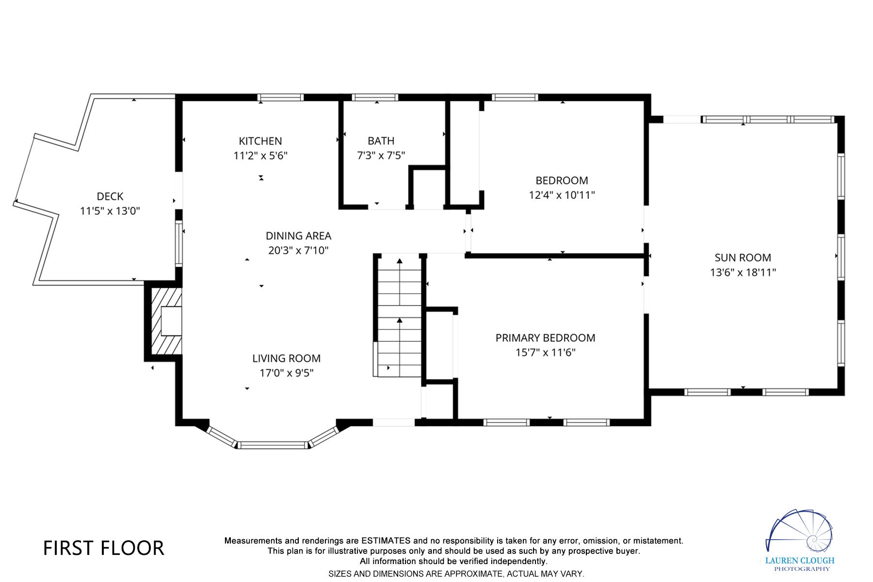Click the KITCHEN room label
(260, 141)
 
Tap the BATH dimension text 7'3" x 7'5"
(381, 155)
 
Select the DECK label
(110, 196)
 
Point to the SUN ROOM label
(743, 258)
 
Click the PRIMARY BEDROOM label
(545, 338)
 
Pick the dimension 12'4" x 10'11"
(562, 195)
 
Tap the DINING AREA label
(298, 236)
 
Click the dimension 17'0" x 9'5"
(286, 373)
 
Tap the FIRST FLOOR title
(104, 548)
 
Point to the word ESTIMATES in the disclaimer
(386, 540)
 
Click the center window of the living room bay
(273, 445)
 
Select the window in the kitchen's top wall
(280, 97)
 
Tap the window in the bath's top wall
(375, 97)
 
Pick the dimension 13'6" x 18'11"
(743, 273)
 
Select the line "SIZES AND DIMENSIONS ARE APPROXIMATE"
(456, 574)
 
